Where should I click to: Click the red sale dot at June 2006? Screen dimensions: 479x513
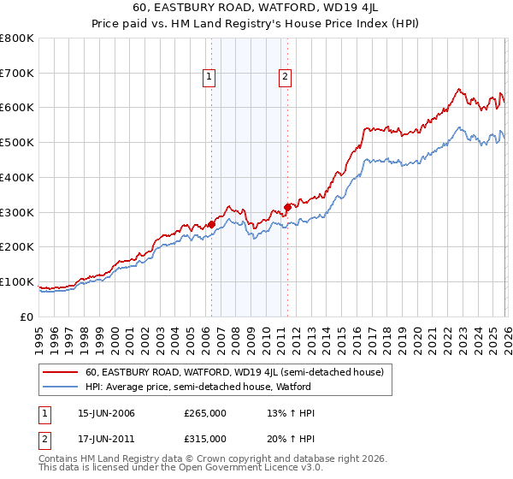coord(211,224)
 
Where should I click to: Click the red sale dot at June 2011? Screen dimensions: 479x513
coord(287,206)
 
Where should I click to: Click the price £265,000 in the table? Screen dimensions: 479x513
coord(205,413)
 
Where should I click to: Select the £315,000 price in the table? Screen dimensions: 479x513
coord(205,441)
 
